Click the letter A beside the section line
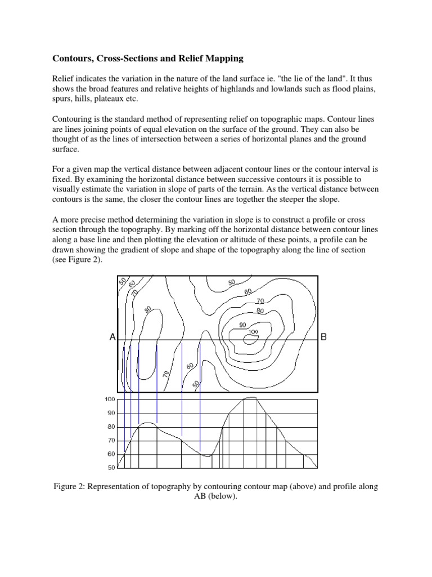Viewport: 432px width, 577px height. (x=112, y=338)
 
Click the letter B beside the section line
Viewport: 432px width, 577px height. (x=323, y=338)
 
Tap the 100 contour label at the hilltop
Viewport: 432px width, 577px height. (x=253, y=332)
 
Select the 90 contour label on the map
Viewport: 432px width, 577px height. (x=243, y=325)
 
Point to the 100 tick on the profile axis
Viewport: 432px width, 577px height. (x=109, y=400)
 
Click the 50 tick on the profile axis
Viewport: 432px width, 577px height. (x=110, y=468)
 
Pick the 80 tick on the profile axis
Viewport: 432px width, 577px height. (x=110, y=427)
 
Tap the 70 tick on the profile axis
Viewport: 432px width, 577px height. (x=110, y=440)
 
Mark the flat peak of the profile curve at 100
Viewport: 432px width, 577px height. (x=250, y=398)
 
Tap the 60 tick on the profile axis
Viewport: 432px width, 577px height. (x=110, y=454)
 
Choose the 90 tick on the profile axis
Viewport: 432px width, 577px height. (x=110, y=413)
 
